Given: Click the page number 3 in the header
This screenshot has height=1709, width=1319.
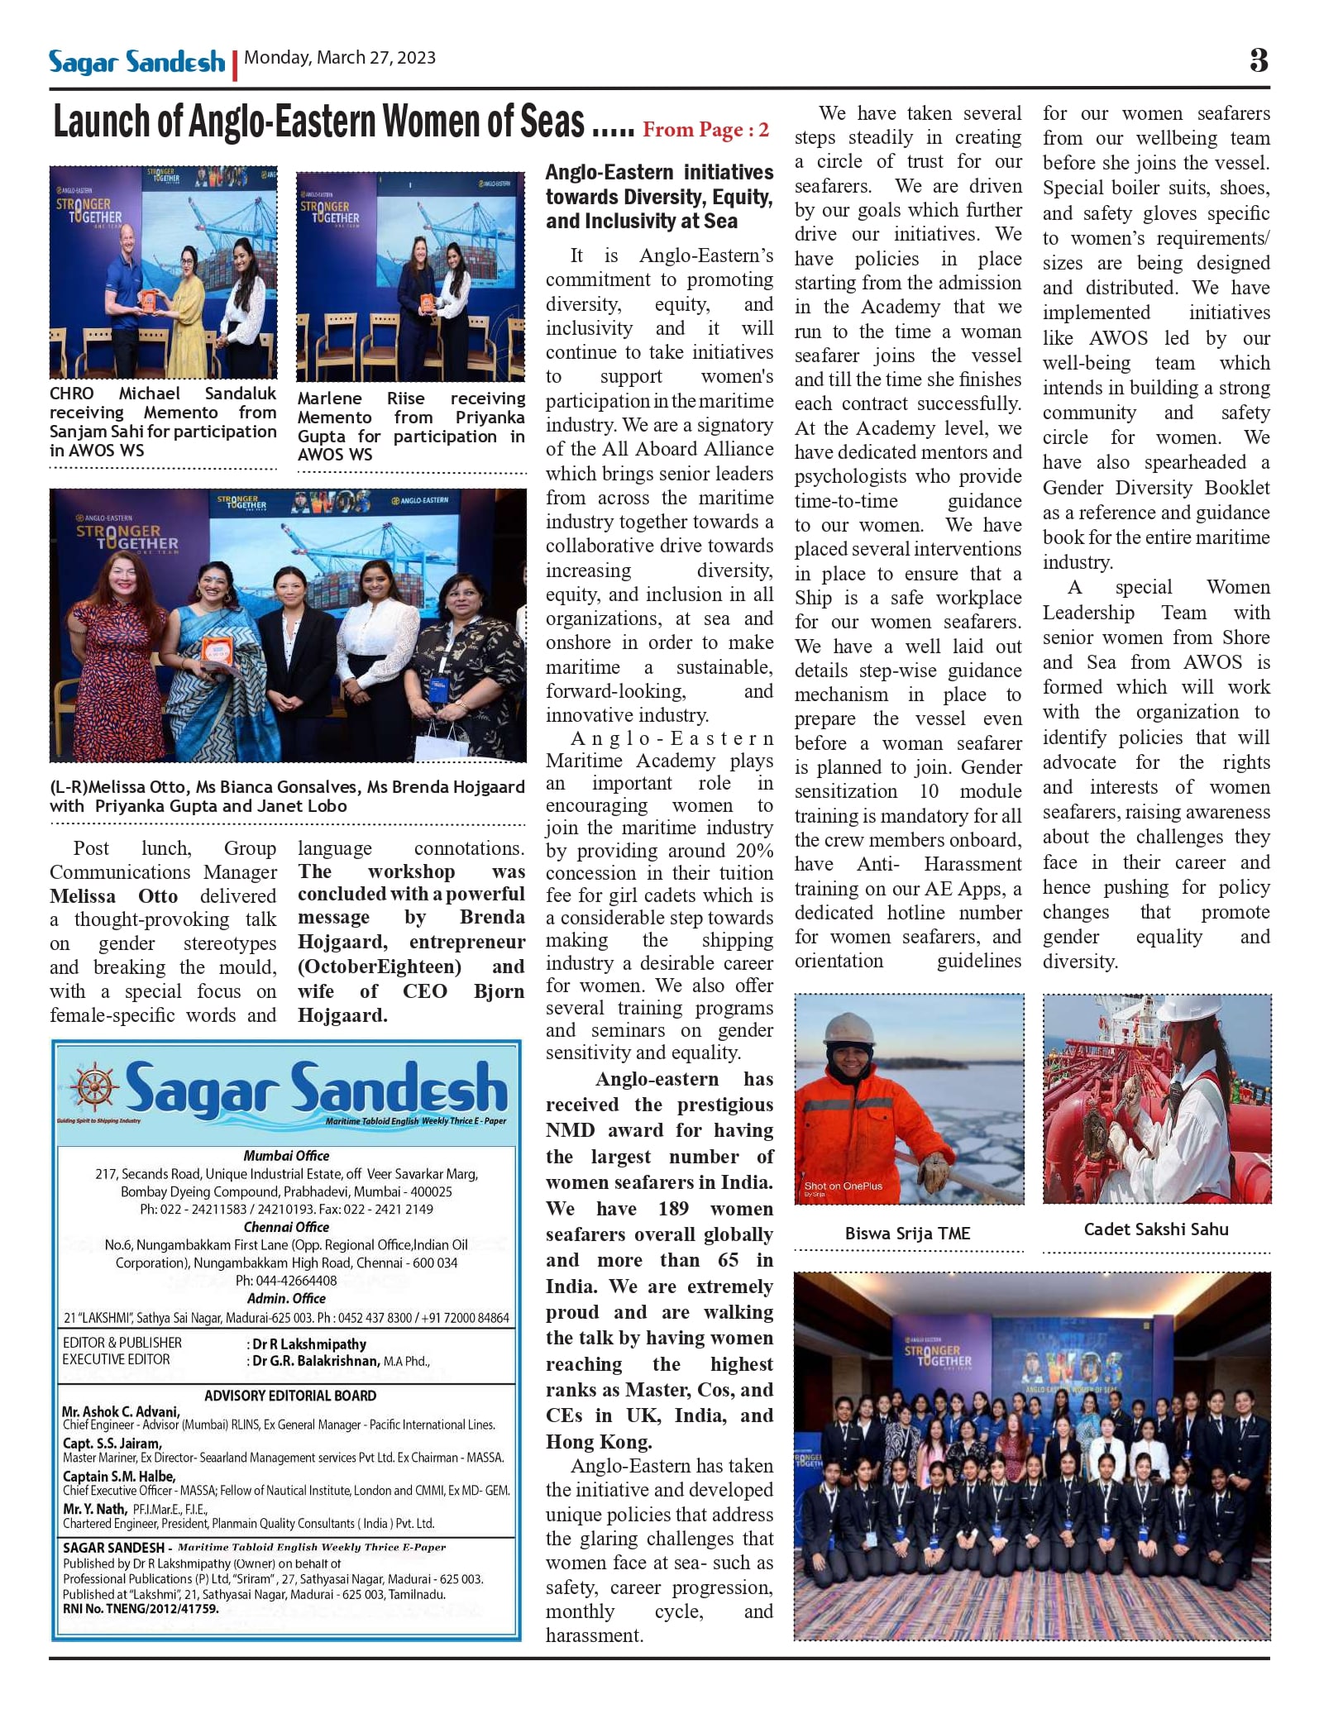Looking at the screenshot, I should coord(1258,60).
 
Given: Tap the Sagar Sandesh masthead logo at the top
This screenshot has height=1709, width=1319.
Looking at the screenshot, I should coord(136,62).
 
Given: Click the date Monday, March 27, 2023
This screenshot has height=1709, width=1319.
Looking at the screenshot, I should coord(340,58).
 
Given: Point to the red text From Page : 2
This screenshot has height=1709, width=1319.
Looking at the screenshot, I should coord(705,130).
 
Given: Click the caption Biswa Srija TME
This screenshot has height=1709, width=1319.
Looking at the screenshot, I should coord(907,1233).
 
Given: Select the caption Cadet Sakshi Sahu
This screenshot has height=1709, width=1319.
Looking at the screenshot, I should coord(1155,1229).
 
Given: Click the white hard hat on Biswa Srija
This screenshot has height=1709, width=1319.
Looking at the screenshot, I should coord(846,1026).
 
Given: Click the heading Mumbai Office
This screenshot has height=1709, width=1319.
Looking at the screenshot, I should coord(286,1156).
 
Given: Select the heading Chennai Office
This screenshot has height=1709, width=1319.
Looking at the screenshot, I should coord(286,1227).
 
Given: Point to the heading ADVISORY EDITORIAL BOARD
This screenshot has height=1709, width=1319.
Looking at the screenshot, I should coord(290,1396).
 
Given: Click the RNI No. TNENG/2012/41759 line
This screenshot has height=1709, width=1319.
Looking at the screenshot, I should coord(141,1609).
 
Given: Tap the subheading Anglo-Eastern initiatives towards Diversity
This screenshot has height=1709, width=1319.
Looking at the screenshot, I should coord(659,196).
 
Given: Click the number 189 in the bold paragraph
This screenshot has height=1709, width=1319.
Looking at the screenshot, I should coord(673,1209).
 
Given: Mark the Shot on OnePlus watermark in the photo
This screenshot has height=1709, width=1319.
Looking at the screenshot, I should coord(843,1186).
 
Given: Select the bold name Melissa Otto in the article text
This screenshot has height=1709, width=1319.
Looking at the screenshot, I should coord(113,896).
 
